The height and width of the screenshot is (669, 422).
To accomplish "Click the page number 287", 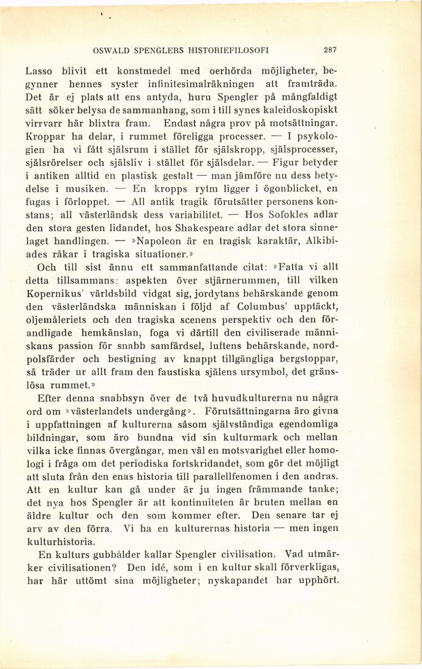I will click(x=330, y=50).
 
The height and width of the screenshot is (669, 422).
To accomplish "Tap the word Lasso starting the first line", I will click(x=40, y=70).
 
